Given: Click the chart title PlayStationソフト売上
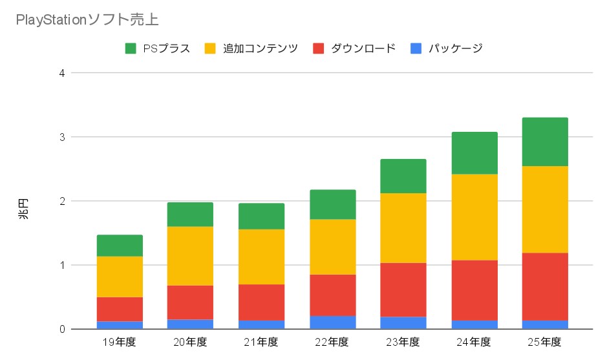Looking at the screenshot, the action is (x=87, y=19).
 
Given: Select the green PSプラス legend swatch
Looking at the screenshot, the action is (x=131, y=48).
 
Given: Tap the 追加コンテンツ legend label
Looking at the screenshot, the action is (x=260, y=48).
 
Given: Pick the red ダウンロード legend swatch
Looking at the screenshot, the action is (x=318, y=48).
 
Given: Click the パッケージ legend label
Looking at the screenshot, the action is (x=455, y=48).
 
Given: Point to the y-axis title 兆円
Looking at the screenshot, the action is (x=23, y=209).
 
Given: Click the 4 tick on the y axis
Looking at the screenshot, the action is (x=62, y=73).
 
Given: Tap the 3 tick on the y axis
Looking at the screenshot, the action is (x=62, y=137).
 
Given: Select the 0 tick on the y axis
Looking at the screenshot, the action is (x=62, y=330).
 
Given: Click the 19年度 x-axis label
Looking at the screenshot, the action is (x=119, y=342).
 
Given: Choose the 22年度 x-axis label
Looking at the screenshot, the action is (x=332, y=342).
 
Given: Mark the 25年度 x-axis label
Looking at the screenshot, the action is (x=544, y=342).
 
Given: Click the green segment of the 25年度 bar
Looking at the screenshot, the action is (x=545, y=142).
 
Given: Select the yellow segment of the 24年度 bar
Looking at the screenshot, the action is (x=474, y=217).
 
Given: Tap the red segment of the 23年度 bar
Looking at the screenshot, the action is (x=403, y=290).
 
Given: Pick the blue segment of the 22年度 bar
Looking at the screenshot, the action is (x=333, y=323).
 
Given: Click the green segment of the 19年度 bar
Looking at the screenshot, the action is (x=120, y=246).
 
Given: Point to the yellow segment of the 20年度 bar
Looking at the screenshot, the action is (x=190, y=256).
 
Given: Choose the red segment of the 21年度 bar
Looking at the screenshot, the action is (x=261, y=302).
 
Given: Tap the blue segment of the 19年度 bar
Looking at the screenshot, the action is (x=120, y=325).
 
